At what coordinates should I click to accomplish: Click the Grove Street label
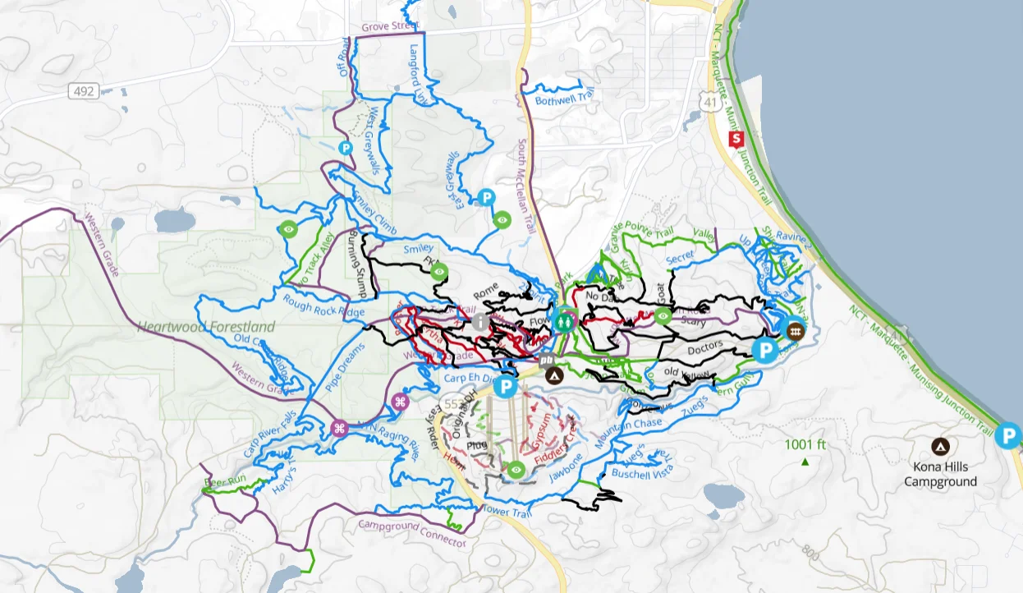(x=391, y=27)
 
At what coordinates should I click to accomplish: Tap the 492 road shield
(x=83, y=91)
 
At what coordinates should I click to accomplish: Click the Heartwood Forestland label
(x=206, y=327)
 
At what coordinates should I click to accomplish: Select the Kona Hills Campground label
(x=941, y=475)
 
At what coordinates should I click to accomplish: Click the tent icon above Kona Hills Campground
(x=941, y=447)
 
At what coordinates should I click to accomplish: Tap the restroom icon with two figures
(x=564, y=323)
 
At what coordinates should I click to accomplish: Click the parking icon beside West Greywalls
(x=346, y=148)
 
